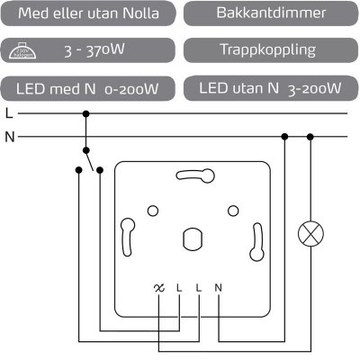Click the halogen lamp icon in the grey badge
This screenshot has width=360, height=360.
(30, 52)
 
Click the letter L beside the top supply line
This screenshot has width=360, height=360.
(8, 114)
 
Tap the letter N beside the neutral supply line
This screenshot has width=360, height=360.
(9, 137)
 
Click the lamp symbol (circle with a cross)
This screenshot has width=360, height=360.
(310, 235)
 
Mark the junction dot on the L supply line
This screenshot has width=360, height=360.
(86, 114)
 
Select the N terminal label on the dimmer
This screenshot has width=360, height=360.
(219, 288)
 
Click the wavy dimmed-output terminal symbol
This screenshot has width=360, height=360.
(159, 288)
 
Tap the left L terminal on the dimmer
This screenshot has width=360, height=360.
(179, 288)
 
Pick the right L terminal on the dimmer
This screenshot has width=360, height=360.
(199, 288)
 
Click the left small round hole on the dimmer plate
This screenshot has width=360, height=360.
(152, 211)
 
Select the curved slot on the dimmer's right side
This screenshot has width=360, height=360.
(258, 238)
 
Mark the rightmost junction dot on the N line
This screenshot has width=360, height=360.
(310, 137)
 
